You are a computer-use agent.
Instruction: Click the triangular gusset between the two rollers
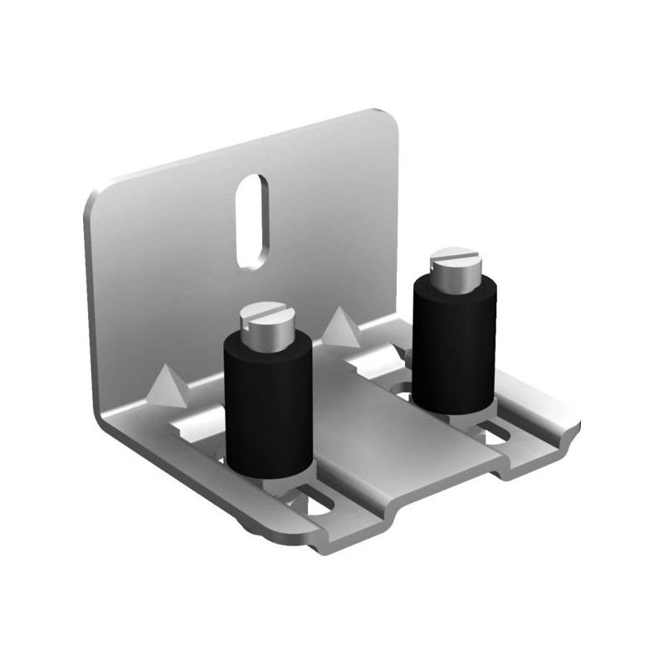(x=340, y=328)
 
